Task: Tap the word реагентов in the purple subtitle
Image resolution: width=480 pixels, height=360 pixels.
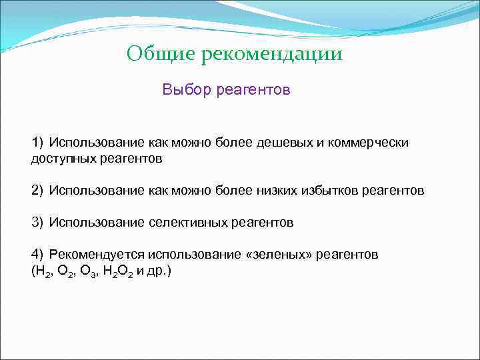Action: click(x=253, y=89)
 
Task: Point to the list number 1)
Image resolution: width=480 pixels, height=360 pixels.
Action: click(x=37, y=143)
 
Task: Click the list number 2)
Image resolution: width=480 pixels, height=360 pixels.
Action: click(x=37, y=191)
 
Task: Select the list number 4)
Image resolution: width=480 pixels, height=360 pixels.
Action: click(x=37, y=255)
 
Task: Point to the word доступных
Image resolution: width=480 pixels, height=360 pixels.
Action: click(x=62, y=159)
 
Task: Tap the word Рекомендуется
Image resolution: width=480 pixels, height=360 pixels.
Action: click(x=97, y=255)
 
